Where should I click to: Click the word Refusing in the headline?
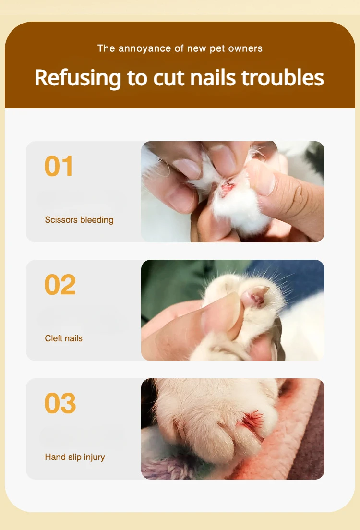77,78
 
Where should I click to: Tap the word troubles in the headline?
283,77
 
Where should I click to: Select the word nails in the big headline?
213,78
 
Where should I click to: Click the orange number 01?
59,166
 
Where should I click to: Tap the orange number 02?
60,285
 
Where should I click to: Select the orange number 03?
60,403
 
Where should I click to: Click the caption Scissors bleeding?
79,220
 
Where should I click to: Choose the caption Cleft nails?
63,338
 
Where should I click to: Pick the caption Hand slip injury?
75,457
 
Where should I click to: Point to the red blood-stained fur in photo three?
252,421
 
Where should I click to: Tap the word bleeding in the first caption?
96,220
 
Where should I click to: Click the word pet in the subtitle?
217,49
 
